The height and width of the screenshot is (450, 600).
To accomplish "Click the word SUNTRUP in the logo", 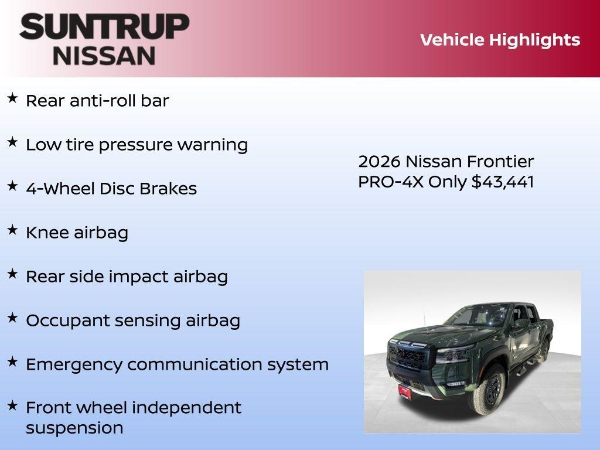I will click(x=104, y=26).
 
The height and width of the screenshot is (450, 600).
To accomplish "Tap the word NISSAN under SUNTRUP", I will click(x=104, y=56).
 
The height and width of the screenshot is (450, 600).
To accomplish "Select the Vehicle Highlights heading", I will click(x=500, y=40).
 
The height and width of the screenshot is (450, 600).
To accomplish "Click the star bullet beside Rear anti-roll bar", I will click(x=12, y=98).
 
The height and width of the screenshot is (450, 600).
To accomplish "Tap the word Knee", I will click(x=47, y=233).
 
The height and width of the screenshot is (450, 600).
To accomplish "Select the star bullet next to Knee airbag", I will click(x=12, y=230).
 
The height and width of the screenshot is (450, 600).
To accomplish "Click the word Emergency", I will click(x=74, y=364).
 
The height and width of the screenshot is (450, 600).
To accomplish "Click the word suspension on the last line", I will click(x=74, y=428).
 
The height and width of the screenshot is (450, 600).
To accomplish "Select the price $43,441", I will click(x=503, y=182).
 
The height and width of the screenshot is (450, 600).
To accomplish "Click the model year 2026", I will click(x=379, y=161).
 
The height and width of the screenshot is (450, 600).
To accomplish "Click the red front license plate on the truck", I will click(x=405, y=392).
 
